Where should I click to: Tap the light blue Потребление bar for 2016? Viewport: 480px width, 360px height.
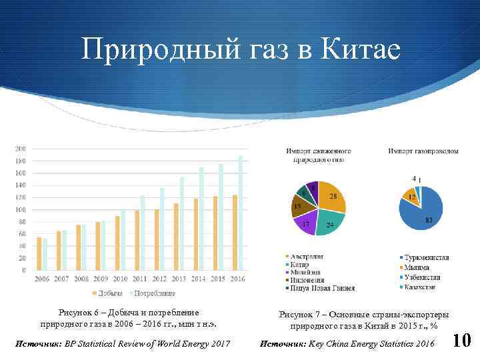pos(241,213)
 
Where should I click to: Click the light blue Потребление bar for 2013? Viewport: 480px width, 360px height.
pos(182,223)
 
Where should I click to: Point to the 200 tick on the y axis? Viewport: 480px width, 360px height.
pos(21,148)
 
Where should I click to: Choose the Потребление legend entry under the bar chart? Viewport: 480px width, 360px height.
pos(153,293)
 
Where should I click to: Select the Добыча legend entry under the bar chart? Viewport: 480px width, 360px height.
pos(106,293)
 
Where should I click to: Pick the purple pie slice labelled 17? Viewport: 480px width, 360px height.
pos(307,223)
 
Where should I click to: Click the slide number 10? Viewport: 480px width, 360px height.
pos(462,341)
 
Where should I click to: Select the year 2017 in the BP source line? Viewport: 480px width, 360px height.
pos(219,343)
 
